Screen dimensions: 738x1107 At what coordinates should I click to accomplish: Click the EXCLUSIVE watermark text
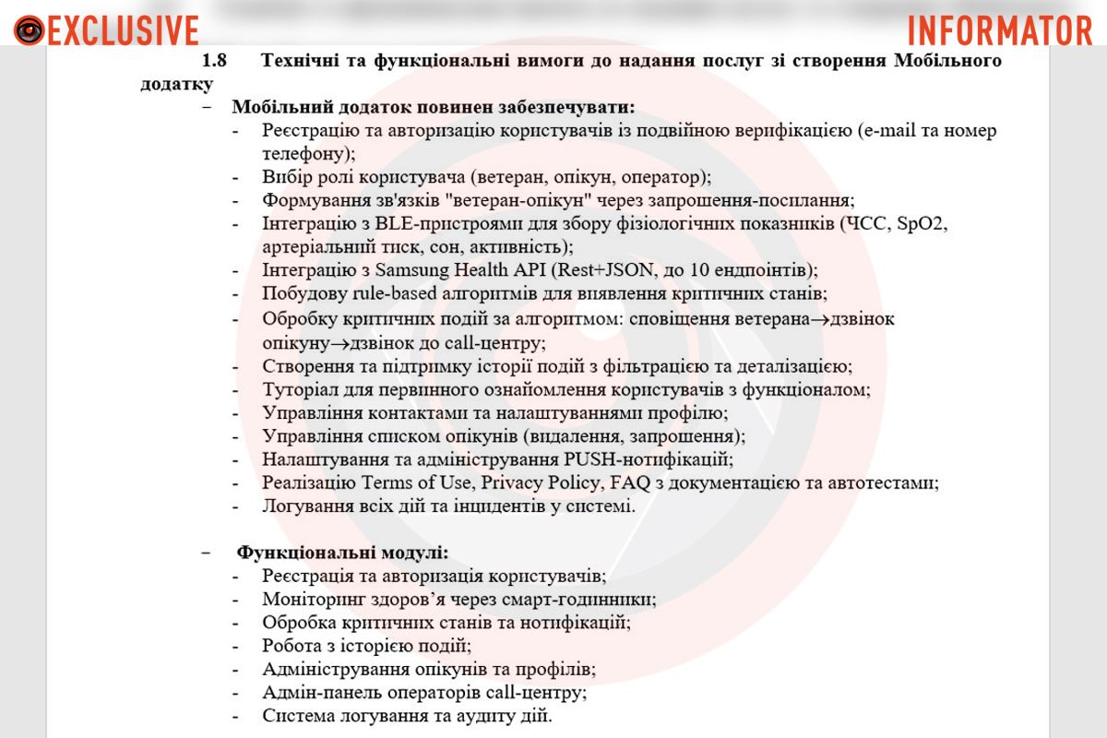[x=123, y=30]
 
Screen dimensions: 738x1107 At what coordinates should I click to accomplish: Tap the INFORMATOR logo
[x=1000, y=30]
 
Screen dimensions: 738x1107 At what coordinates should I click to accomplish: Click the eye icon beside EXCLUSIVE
[x=29, y=30]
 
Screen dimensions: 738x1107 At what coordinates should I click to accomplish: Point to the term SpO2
[x=922, y=223]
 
